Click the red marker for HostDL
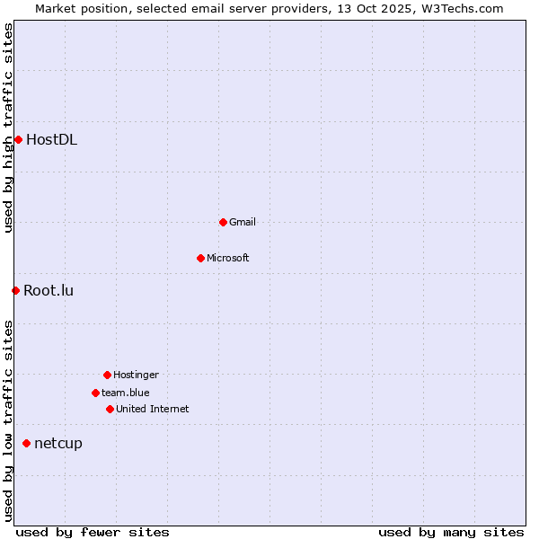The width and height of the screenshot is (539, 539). (x=18, y=139)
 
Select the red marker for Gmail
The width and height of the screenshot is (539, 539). (x=223, y=222)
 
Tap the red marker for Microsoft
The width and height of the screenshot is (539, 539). (x=200, y=258)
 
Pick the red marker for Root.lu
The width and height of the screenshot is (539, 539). (x=15, y=290)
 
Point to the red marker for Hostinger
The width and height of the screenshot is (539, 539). (x=107, y=375)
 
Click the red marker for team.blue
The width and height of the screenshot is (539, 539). (x=95, y=393)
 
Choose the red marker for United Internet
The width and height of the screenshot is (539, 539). (x=110, y=409)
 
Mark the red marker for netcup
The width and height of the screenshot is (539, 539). (x=26, y=443)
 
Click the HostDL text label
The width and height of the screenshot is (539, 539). (x=51, y=139)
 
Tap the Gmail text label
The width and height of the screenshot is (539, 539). (x=243, y=222)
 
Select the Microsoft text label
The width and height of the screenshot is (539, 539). (x=228, y=258)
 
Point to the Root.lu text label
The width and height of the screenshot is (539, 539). (x=49, y=290)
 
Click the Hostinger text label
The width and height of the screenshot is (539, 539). (x=136, y=375)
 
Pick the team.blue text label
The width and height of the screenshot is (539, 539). (x=126, y=393)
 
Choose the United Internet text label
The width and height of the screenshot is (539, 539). (x=153, y=409)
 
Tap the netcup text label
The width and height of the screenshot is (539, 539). (x=58, y=443)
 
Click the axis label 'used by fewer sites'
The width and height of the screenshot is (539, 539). (x=93, y=532)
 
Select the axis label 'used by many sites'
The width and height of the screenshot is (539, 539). (x=451, y=532)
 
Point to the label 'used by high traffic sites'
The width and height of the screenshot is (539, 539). (x=8, y=128)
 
